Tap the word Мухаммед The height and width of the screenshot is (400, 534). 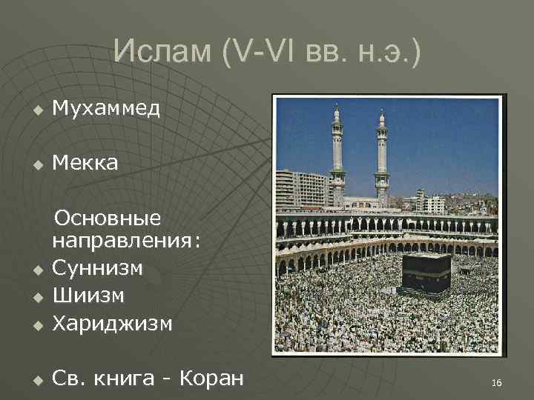pos(106,109)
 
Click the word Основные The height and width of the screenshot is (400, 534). pos(108,219)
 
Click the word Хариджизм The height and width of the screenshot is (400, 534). pos(112,324)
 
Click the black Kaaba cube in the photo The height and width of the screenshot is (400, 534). pos(426,272)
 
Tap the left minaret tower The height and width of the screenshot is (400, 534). pos(337,156)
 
